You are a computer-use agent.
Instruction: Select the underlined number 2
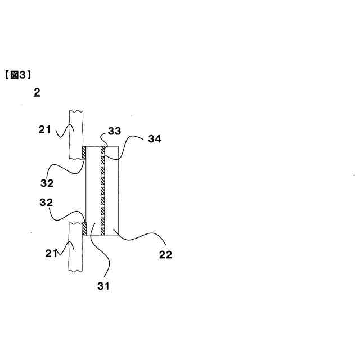pyautogui.click(x=37, y=92)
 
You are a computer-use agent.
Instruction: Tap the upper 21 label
pyautogui.click(x=44, y=130)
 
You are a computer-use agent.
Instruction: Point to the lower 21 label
pyautogui.click(x=51, y=253)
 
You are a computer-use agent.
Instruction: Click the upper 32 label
pyautogui.click(x=47, y=183)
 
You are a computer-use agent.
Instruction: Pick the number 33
pyautogui.click(x=114, y=132)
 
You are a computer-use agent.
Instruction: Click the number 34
pyautogui.click(x=154, y=139)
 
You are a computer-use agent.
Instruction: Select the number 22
pyautogui.click(x=165, y=255)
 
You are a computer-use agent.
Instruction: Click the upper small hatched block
pyautogui.click(x=83, y=152)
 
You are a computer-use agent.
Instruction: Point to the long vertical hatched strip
pyautogui.click(x=103, y=191)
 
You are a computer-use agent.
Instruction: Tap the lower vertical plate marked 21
pyautogui.click(x=75, y=247)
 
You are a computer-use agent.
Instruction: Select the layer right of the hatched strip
pyautogui.click(x=112, y=191)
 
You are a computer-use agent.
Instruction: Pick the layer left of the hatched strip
pyautogui.click(x=93, y=191)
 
